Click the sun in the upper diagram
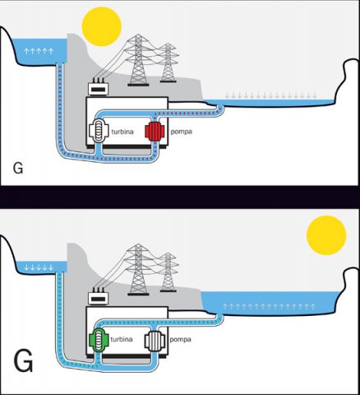coord(102,26)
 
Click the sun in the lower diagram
coord(326,235)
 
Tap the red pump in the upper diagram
coord(155,132)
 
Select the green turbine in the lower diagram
coord(99,340)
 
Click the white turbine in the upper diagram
coord(99,132)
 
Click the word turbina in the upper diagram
coord(122,132)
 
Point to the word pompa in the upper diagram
coord(181,132)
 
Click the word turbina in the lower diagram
coord(122,339)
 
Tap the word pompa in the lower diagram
coord(180,340)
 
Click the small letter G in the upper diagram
coord(18,168)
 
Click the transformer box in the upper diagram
coord(99,88)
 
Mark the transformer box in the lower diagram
coord(99,297)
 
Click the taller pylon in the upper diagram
coord(138,60)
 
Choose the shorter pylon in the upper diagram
coord(168,63)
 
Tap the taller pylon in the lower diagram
coord(138,269)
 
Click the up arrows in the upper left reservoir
coord(39,51)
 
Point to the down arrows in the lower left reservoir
coord(39,267)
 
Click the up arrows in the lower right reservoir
coord(270,306)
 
